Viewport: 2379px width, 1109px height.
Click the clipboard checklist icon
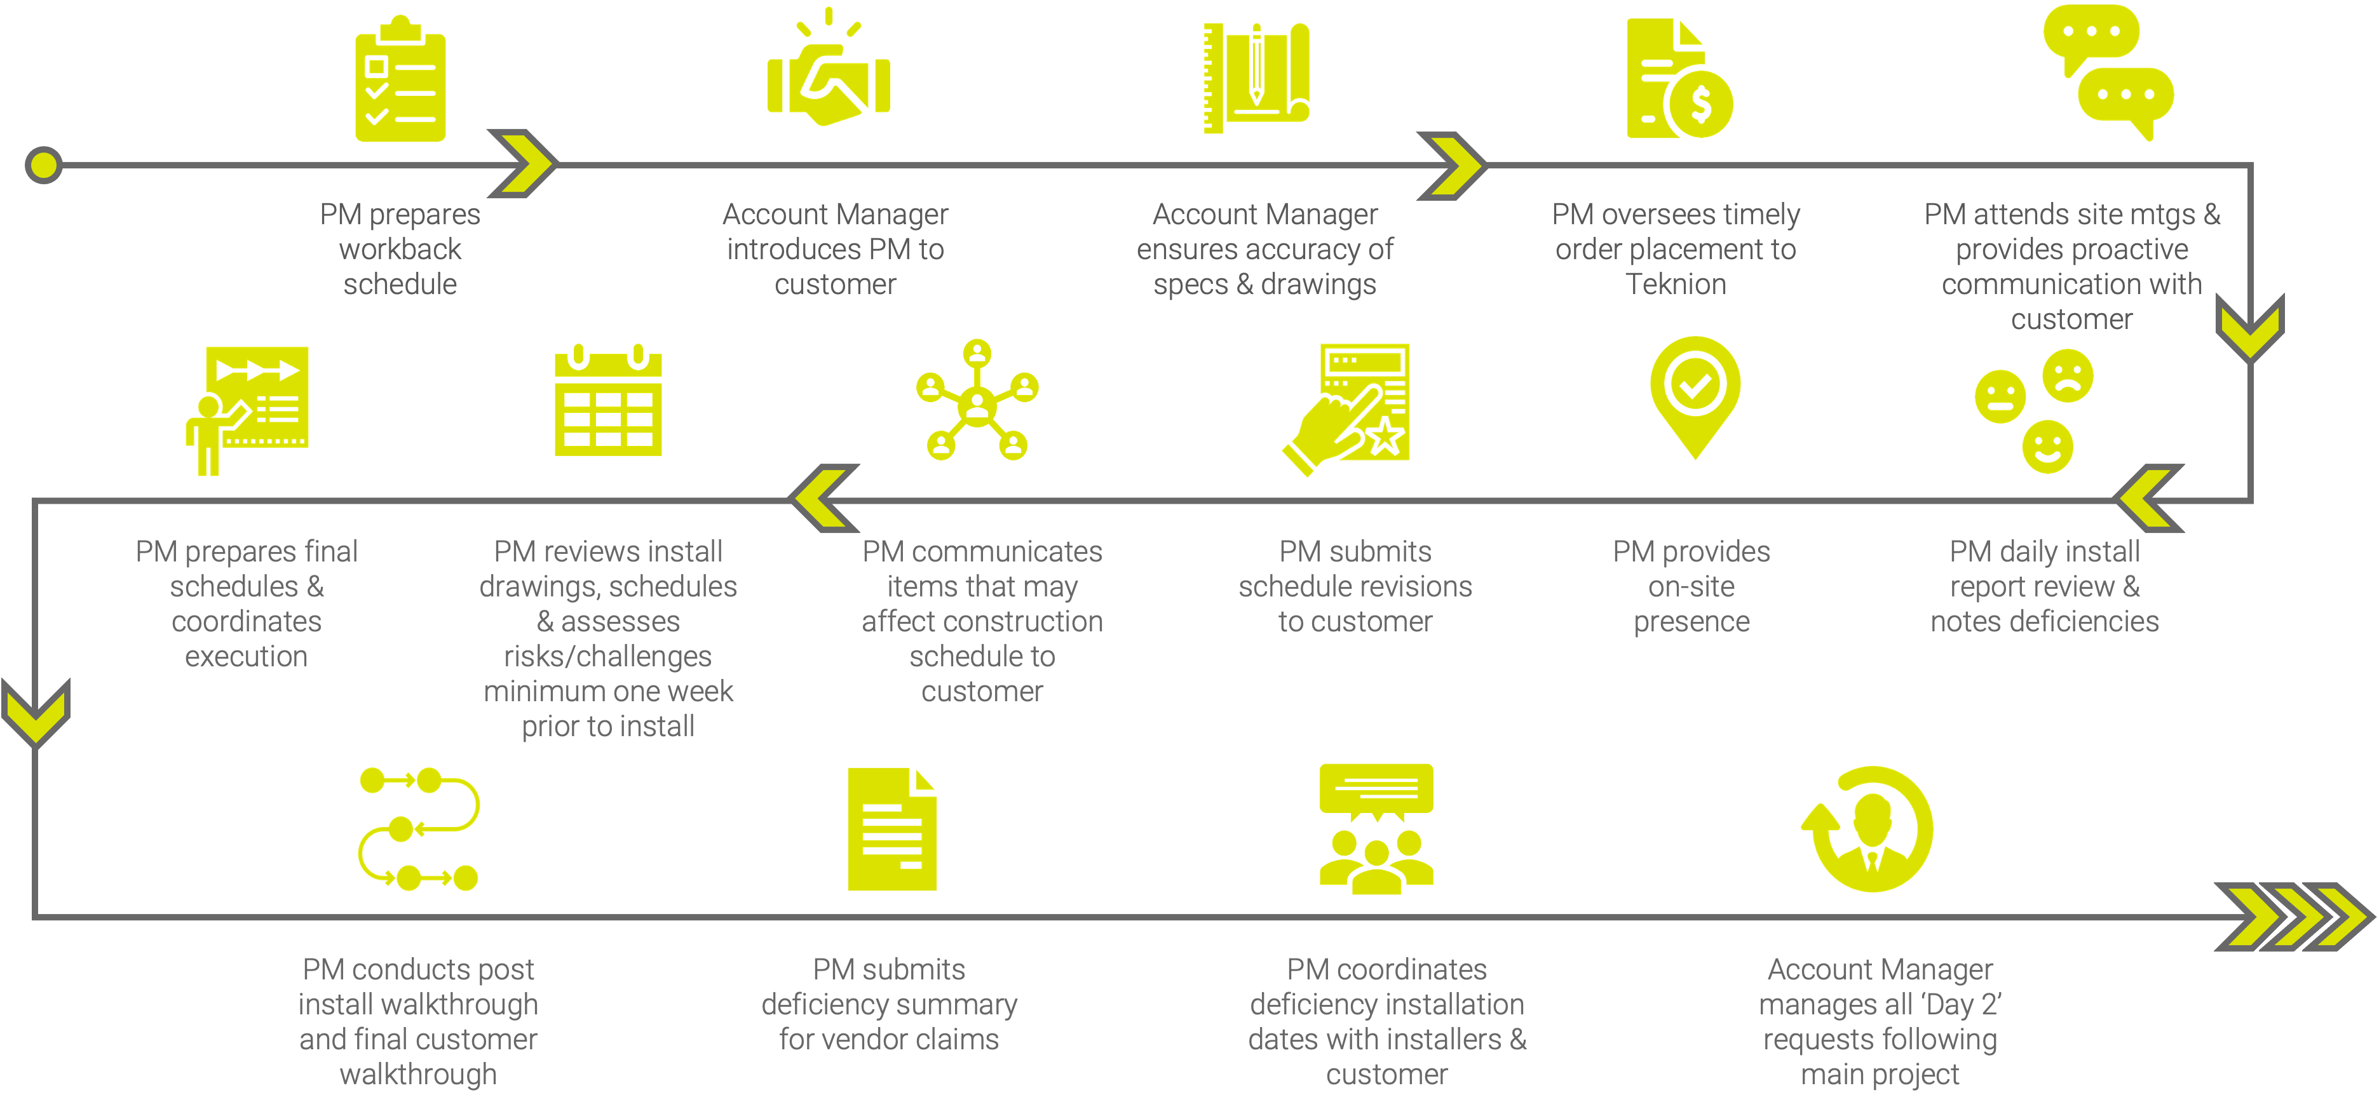point(401,81)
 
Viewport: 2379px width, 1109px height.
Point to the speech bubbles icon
point(2108,72)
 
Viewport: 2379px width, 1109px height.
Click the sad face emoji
point(2068,375)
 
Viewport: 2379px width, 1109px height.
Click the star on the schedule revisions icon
point(1385,436)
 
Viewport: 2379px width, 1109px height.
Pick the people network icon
point(977,401)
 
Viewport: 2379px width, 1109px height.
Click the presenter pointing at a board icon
point(247,409)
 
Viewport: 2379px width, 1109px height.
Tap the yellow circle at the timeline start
point(43,165)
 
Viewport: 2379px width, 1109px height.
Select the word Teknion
point(1675,285)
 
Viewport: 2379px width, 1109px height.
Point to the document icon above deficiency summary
point(891,830)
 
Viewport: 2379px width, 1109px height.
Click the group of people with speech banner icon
point(1376,828)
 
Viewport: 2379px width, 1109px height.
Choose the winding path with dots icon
point(418,828)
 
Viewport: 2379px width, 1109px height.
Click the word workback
point(400,250)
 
